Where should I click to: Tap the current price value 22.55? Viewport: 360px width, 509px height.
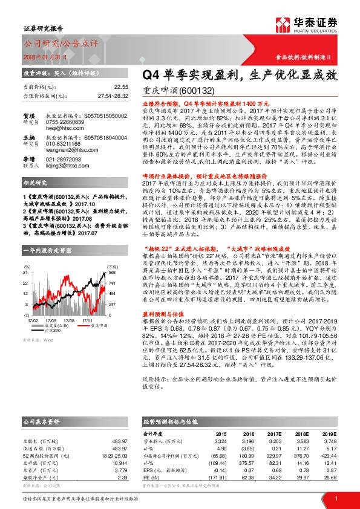(x=121, y=87)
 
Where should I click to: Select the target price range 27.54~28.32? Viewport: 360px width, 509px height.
(x=113, y=96)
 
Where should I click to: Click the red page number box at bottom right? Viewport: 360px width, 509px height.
(x=335, y=498)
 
